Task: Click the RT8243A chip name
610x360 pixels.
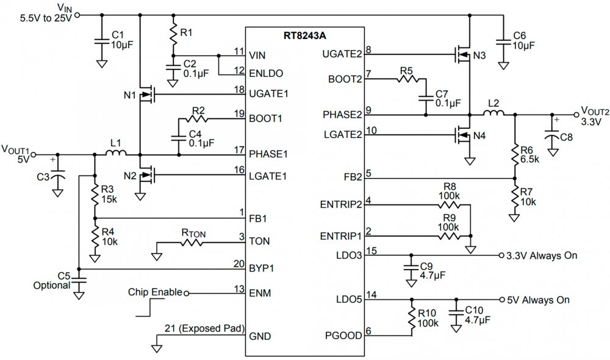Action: (304, 36)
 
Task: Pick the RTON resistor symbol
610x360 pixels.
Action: (192, 242)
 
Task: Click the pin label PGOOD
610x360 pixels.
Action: (343, 336)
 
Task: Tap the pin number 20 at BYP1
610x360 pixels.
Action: (239, 264)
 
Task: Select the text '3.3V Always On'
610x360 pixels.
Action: (542, 256)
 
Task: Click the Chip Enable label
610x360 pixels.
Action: (155, 292)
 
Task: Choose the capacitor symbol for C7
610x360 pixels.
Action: (426, 98)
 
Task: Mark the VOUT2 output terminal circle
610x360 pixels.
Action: (576, 115)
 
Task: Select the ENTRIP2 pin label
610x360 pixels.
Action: (341, 204)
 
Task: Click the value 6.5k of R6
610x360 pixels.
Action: (529, 159)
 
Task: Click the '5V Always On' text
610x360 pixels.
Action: (539, 300)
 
